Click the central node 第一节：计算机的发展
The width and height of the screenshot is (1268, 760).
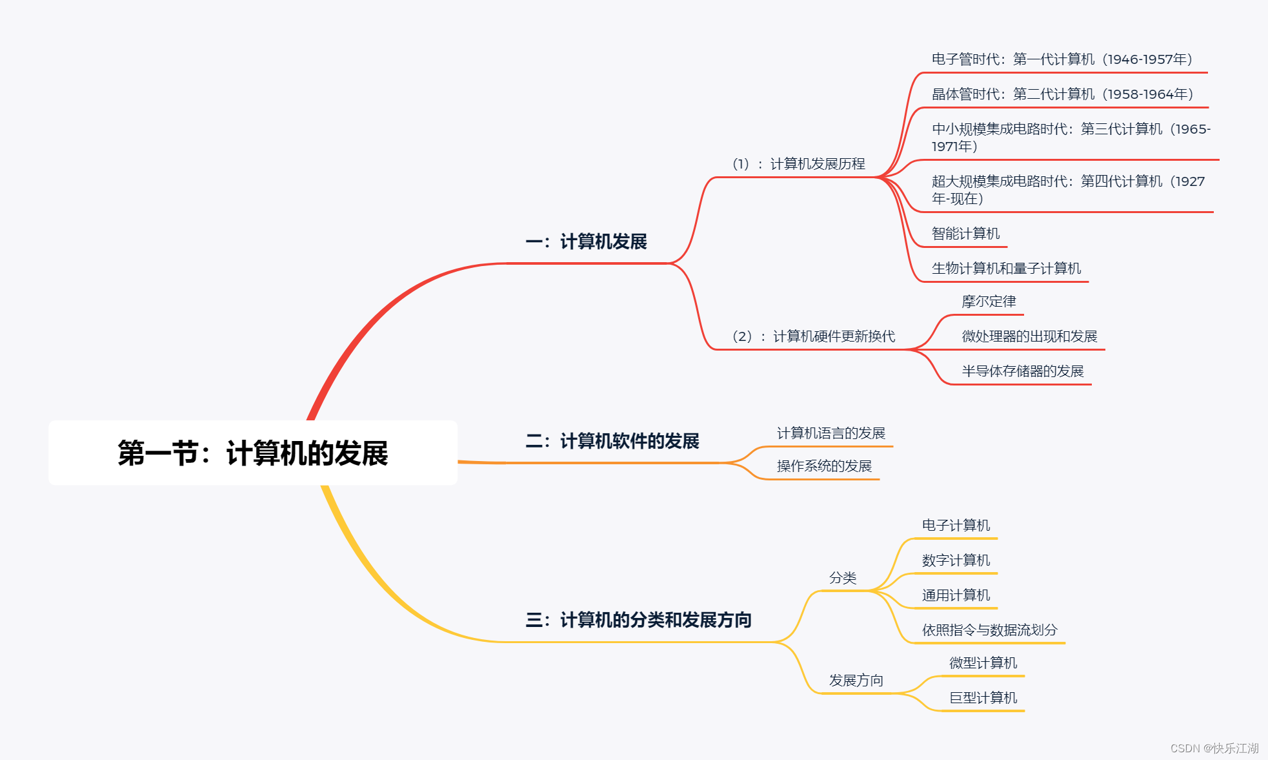[x=253, y=453]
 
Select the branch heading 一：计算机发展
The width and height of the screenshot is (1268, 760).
[x=586, y=242]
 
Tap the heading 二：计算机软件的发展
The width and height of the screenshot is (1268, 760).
[x=612, y=442]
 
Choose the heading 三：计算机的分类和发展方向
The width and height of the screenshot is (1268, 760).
[x=638, y=621]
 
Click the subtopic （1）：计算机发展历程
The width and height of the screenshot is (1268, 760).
[x=798, y=164]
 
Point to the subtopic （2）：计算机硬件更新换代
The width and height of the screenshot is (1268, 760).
[x=813, y=336]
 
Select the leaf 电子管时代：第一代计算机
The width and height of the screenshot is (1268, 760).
[x=1062, y=59]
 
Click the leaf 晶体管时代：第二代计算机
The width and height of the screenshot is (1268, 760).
[x=1062, y=94]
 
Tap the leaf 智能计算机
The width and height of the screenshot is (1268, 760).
[x=965, y=234]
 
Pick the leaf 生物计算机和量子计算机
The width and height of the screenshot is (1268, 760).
[x=1006, y=269]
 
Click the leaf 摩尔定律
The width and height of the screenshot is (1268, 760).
[x=989, y=302]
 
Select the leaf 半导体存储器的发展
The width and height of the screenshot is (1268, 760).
[x=1022, y=371]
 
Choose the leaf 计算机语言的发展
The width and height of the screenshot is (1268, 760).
[x=830, y=433]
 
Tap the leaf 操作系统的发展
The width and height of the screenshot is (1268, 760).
[x=824, y=466]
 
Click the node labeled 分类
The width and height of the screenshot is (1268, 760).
[x=843, y=578]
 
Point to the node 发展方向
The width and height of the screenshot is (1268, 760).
[x=856, y=681]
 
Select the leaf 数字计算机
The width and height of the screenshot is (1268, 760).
[x=956, y=560]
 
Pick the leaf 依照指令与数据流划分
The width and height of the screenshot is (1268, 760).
[x=989, y=630]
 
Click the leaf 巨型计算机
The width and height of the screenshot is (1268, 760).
[x=983, y=698]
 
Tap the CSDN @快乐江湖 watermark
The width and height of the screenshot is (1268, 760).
[x=1214, y=748]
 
